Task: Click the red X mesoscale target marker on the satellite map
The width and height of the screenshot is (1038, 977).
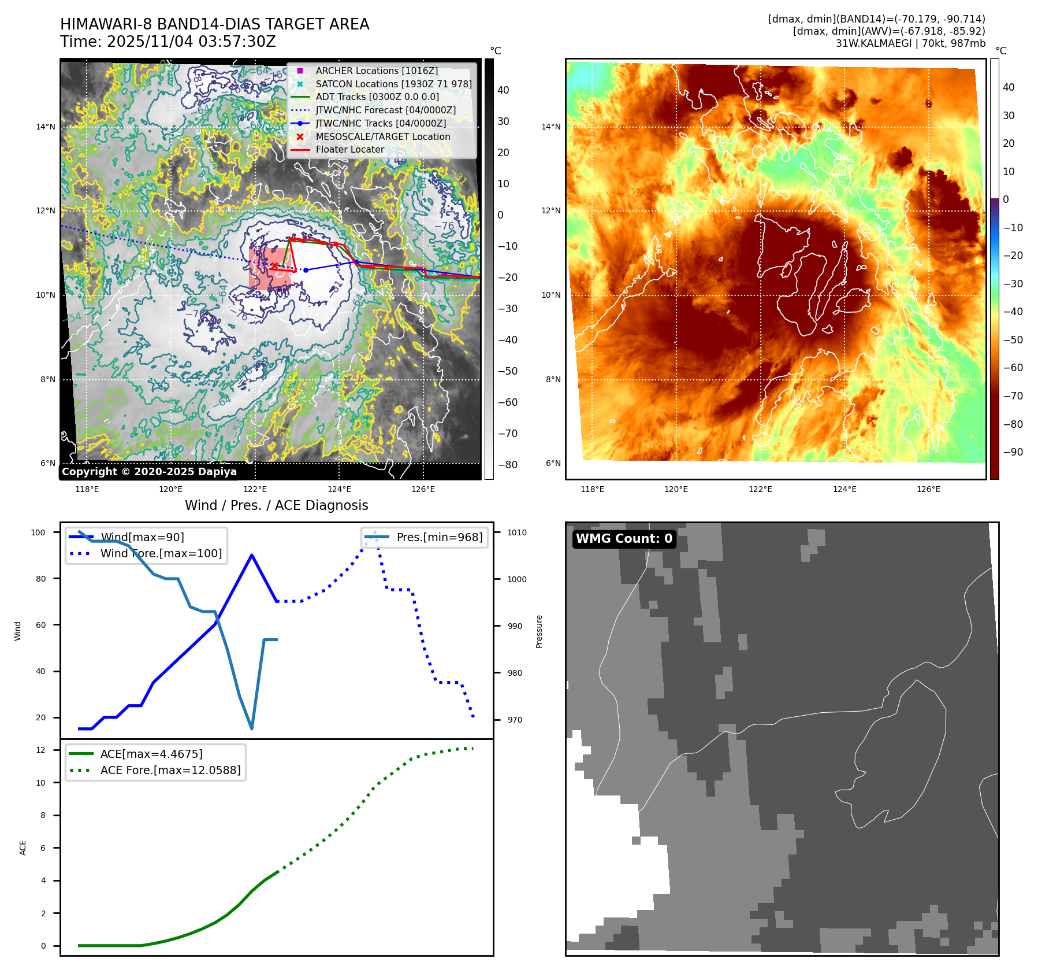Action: click(x=274, y=265)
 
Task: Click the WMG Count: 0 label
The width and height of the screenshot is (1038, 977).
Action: click(x=624, y=539)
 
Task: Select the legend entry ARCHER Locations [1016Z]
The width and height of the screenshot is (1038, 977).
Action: click(x=377, y=71)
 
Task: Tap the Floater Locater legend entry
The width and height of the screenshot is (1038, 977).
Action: click(x=349, y=149)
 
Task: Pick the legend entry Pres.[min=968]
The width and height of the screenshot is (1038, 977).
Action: click(x=439, y=537)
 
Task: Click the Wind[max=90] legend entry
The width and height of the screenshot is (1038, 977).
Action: click(x=142, y=537)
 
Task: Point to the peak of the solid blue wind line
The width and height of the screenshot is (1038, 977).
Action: click(x=252, y=555)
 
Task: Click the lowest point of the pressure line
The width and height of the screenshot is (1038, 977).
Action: click(x=252, y=728)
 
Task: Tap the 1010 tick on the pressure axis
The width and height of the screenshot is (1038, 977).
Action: click(x=517, y=532)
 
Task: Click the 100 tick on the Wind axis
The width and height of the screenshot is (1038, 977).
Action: click(x=38, y=532)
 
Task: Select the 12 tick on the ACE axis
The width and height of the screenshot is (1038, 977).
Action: click(x=40, y=750)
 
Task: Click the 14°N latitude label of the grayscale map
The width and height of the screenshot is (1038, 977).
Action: click(x=46, y=127)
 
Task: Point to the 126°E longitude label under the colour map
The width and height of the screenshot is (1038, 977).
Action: click(x=928, y=489)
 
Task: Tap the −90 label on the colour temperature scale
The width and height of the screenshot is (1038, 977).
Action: click(x=1013, y=452)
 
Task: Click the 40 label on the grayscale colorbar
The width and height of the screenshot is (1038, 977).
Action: click(x=503, y=90)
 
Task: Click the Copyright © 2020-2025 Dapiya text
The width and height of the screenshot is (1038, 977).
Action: click(x=149, y=472)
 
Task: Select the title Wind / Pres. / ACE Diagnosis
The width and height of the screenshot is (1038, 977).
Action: click(x=276, y=505)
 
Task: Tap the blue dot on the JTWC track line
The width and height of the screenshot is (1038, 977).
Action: click(x=306, y=270)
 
